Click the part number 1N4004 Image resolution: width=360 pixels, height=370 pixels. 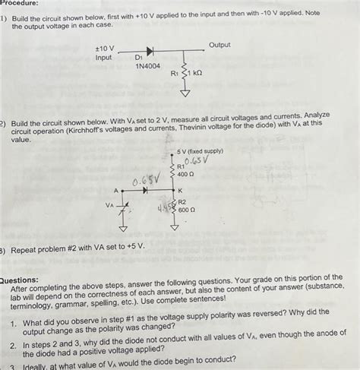tap(148, 67)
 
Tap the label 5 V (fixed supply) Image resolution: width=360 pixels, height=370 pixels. tap(201, 150)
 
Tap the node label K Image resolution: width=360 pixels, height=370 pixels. tap(180, 191)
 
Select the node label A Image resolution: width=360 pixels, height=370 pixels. tap(116, 191)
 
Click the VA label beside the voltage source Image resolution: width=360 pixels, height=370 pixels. tap(110, 204)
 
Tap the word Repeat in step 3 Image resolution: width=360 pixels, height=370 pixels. tap(24, 248)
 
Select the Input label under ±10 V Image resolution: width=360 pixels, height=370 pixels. tap(103, 58)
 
